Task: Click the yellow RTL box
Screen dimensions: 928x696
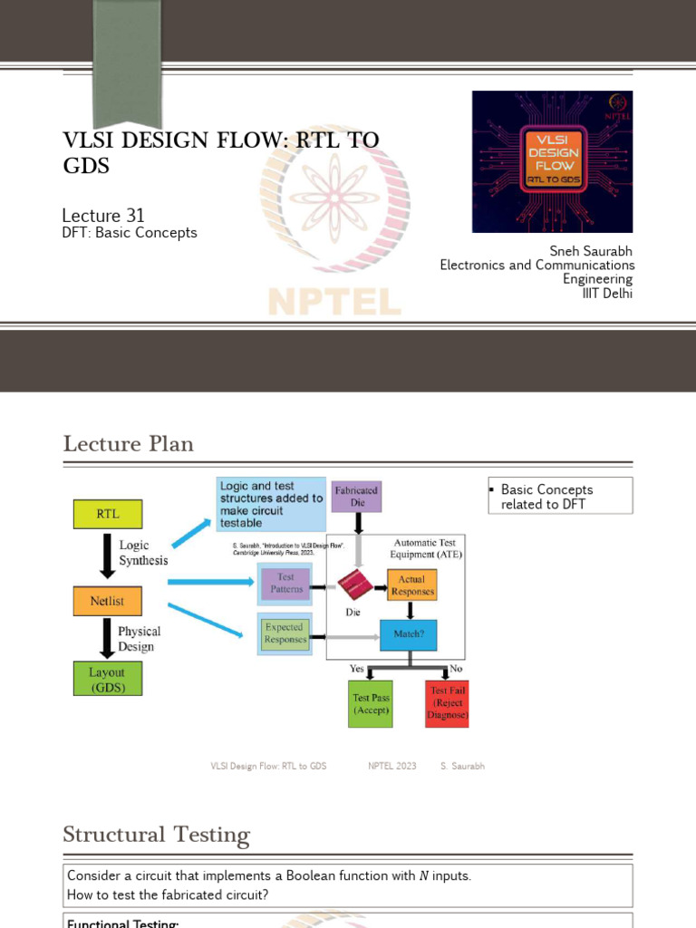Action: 107,515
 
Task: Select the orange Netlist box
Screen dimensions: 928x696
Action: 107,599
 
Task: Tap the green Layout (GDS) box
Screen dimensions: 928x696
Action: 107,679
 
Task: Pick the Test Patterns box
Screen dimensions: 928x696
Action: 285,583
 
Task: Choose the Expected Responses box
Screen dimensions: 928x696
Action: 285,633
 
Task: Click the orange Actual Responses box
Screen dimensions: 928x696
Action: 411,585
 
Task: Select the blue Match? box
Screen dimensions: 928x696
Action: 408,634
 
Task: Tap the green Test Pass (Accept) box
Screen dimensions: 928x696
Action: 371,703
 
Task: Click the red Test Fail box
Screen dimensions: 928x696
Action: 448,703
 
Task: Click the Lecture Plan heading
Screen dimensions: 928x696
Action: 128,444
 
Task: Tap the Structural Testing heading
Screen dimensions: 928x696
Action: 156,835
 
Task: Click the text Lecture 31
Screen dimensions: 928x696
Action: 103,216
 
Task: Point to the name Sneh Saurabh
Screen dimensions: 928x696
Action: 591,251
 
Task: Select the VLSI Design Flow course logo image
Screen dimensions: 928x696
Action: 552,161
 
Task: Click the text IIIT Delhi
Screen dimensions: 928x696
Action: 607,294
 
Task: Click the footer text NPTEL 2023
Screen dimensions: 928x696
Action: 392,766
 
